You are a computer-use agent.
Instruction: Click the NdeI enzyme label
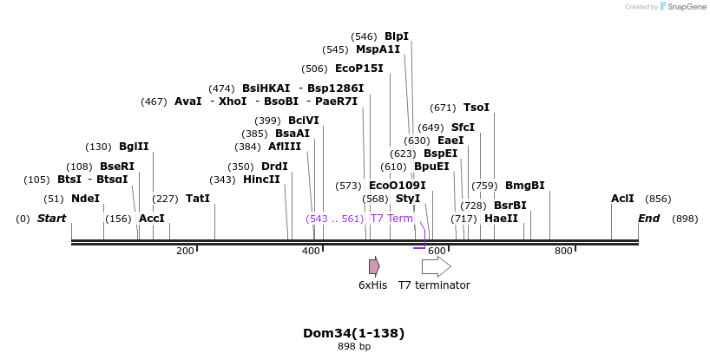tap(85, 199)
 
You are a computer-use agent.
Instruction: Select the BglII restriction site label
tap(134, 147)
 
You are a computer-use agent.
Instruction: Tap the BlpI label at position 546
tap(397, 36)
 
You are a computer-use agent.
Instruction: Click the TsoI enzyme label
tap(477, 108)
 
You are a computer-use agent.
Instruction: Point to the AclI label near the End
tap(622, 199)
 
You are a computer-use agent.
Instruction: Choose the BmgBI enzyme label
tap(524, 186)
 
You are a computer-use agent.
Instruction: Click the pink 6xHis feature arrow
tap(374, 266)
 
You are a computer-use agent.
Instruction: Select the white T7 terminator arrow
tap(436, 266)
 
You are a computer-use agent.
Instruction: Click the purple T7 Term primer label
tap(391, 219)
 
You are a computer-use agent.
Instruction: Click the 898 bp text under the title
tap(354, 347)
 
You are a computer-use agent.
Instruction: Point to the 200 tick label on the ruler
tap(185, 252)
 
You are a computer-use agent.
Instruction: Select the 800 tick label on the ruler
tap(563, 252)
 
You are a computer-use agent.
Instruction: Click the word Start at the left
tap(51, 219)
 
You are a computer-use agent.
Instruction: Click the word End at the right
tap(649, 219)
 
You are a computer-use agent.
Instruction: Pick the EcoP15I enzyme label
tap(358, 69)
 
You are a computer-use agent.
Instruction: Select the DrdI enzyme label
tap(274, 167)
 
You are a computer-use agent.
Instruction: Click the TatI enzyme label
tap(198, 199)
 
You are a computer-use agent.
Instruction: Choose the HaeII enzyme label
tap(501, 219)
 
